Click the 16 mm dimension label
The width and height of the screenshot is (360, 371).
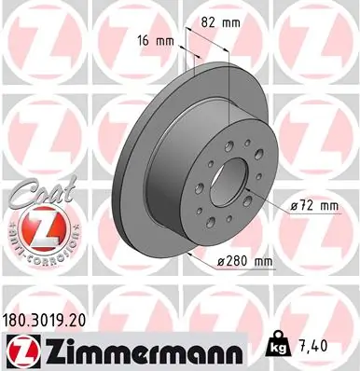[x=159, y=41]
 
